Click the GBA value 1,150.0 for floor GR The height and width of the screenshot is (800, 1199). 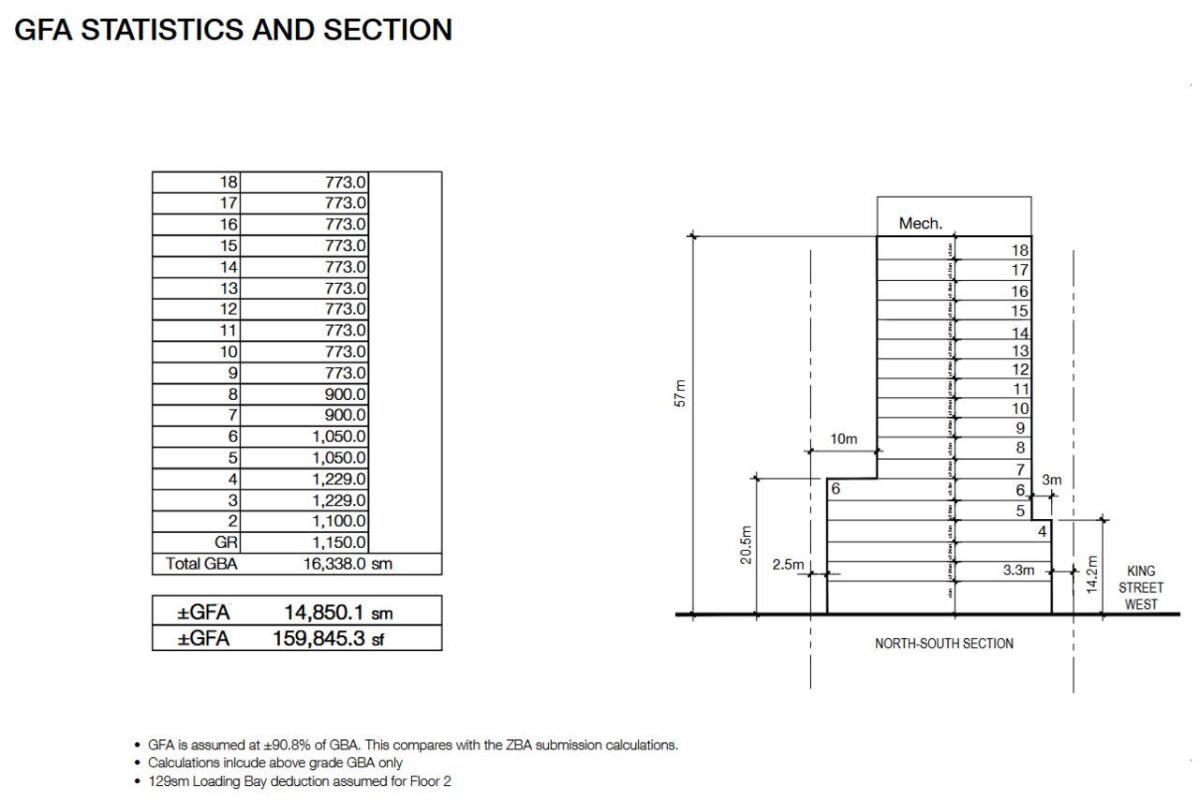339,542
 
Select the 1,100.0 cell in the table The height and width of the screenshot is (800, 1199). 339,521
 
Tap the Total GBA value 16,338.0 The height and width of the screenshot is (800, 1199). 333,564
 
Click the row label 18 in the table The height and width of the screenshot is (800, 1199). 229,182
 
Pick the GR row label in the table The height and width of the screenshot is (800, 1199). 227,542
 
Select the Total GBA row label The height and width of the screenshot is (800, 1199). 201,564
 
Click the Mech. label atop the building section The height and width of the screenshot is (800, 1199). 920,223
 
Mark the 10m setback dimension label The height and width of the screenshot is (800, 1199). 843,438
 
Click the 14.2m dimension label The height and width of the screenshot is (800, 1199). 1089,573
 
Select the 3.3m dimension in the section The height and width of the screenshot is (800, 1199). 1019,569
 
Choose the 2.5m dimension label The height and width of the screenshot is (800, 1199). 788,565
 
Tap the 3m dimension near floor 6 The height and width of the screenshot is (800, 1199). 1051,480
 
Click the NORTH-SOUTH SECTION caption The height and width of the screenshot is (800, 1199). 943,644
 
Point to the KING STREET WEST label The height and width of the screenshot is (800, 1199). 1141,587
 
